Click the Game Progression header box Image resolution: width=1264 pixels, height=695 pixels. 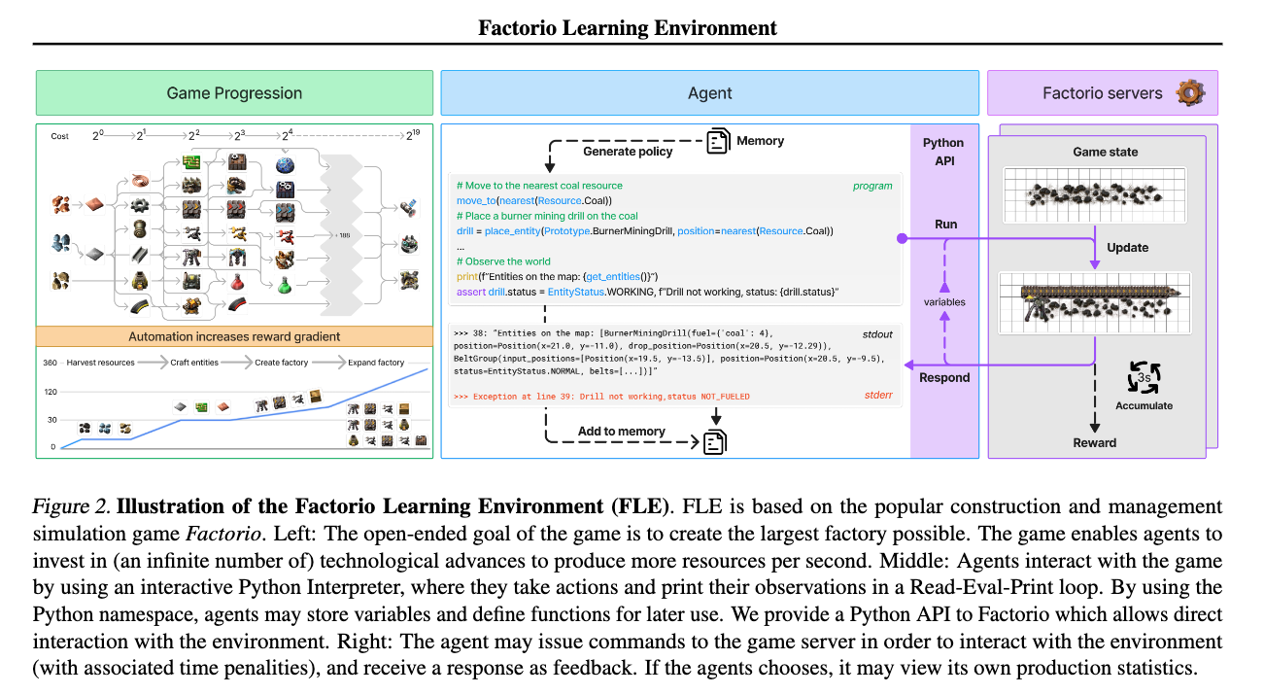point(234,92)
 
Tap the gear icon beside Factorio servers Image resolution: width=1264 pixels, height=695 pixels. point(1190,92)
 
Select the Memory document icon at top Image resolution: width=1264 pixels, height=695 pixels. point(718,141)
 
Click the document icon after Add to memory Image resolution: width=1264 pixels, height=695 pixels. point(715,442)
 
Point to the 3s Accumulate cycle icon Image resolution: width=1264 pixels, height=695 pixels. point(1144,377)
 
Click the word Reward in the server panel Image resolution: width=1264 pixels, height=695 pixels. point(1094,442)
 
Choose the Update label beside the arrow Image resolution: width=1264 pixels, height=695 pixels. point(1127,247)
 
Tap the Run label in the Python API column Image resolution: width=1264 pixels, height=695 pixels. point(945,225)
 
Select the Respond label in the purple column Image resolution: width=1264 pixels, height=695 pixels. point(944,377)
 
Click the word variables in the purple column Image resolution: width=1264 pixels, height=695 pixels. point(944,302)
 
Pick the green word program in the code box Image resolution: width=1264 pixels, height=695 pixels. point(872,186)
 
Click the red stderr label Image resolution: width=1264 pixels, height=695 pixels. point(878,395)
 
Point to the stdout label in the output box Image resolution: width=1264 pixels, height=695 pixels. point(877,334)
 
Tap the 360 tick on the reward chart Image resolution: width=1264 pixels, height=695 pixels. point(51,363)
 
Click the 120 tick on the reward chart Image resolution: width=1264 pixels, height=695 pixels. point(51,392)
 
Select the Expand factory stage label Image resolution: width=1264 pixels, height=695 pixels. point(376,363)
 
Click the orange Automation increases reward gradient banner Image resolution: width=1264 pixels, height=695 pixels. point(234,336)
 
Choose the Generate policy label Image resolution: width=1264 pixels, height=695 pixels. point(628,152)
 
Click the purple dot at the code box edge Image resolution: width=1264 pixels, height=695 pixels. point(903,238)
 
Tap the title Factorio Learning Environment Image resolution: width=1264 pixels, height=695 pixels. point(628,27)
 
